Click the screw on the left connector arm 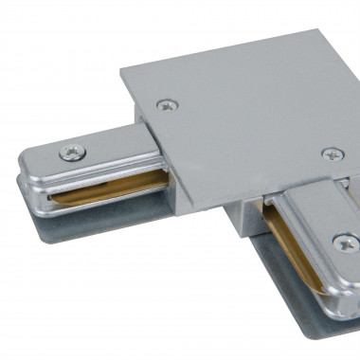tap(71, 151)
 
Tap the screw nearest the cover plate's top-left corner tap(170, 106)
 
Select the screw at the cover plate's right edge tap(332, 153)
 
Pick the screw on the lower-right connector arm tap(341, 243)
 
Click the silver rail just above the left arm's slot tap(95, 179)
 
